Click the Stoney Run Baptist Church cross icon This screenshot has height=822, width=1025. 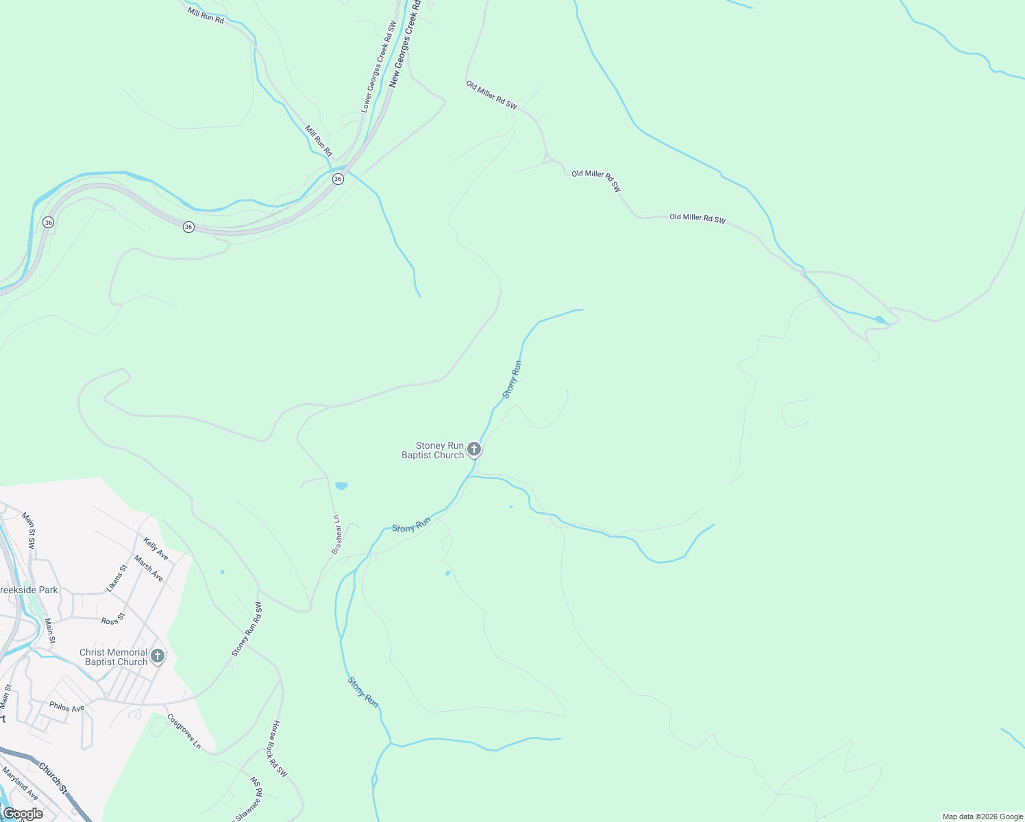coord(474,449)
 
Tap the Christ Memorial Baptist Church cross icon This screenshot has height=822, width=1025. coord(158,656)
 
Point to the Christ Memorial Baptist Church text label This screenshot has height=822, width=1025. coord(113,657)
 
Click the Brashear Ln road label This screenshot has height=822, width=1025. coord(336,534)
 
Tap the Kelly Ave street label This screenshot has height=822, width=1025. coord(156,549)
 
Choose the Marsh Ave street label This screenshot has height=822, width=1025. coord(149,569)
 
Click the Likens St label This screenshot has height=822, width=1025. coord(117,578)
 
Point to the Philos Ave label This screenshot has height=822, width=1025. coord(66,707)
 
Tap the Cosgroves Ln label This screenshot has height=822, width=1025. coord(184,731)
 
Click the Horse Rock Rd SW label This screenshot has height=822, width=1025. coord(280,749)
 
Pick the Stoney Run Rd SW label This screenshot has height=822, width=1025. coord(247,630)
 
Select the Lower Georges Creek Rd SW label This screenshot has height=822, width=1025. coord(379,67)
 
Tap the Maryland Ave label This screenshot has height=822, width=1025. coord(20,784)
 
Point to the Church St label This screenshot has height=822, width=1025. coord(53,778)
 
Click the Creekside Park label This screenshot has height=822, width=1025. coord(29,590)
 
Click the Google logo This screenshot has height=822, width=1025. coord(23,814)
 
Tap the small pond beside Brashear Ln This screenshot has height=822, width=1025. coord(341,486)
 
